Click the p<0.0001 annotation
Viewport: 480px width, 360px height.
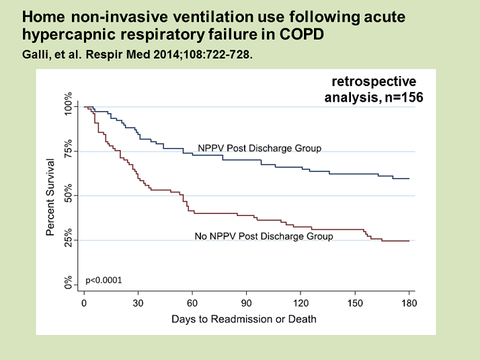104,279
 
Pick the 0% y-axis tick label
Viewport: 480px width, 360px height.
69,283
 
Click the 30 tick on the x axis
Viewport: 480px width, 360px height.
138,303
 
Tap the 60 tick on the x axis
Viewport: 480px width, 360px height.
193,303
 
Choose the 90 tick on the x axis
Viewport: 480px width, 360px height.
248,303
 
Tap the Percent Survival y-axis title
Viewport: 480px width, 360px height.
50,196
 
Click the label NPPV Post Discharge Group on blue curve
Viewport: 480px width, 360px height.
259,148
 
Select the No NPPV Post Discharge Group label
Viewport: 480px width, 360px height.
264,236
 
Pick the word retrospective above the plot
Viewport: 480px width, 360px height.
374,81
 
